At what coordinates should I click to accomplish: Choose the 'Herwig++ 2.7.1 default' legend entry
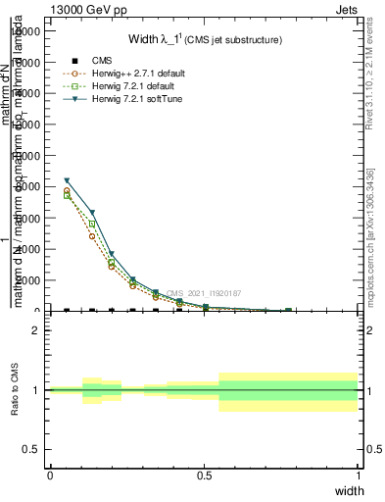click(x=136, y=74)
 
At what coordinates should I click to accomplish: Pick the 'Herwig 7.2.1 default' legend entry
click(x=131, y=86)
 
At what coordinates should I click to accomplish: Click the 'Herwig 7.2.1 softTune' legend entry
click(x=134, y=99)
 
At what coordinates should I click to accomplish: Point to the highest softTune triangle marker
click(x=67, y=180)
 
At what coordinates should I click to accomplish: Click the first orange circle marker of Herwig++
click(x=67, y=190)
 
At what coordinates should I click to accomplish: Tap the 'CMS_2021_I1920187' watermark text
click(x=204, y=293)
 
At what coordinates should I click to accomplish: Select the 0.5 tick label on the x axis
click(x=204, y=475)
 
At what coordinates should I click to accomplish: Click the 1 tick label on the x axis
click(x=359, y=475)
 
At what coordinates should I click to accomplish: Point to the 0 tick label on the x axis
click(x=50, y=475)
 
